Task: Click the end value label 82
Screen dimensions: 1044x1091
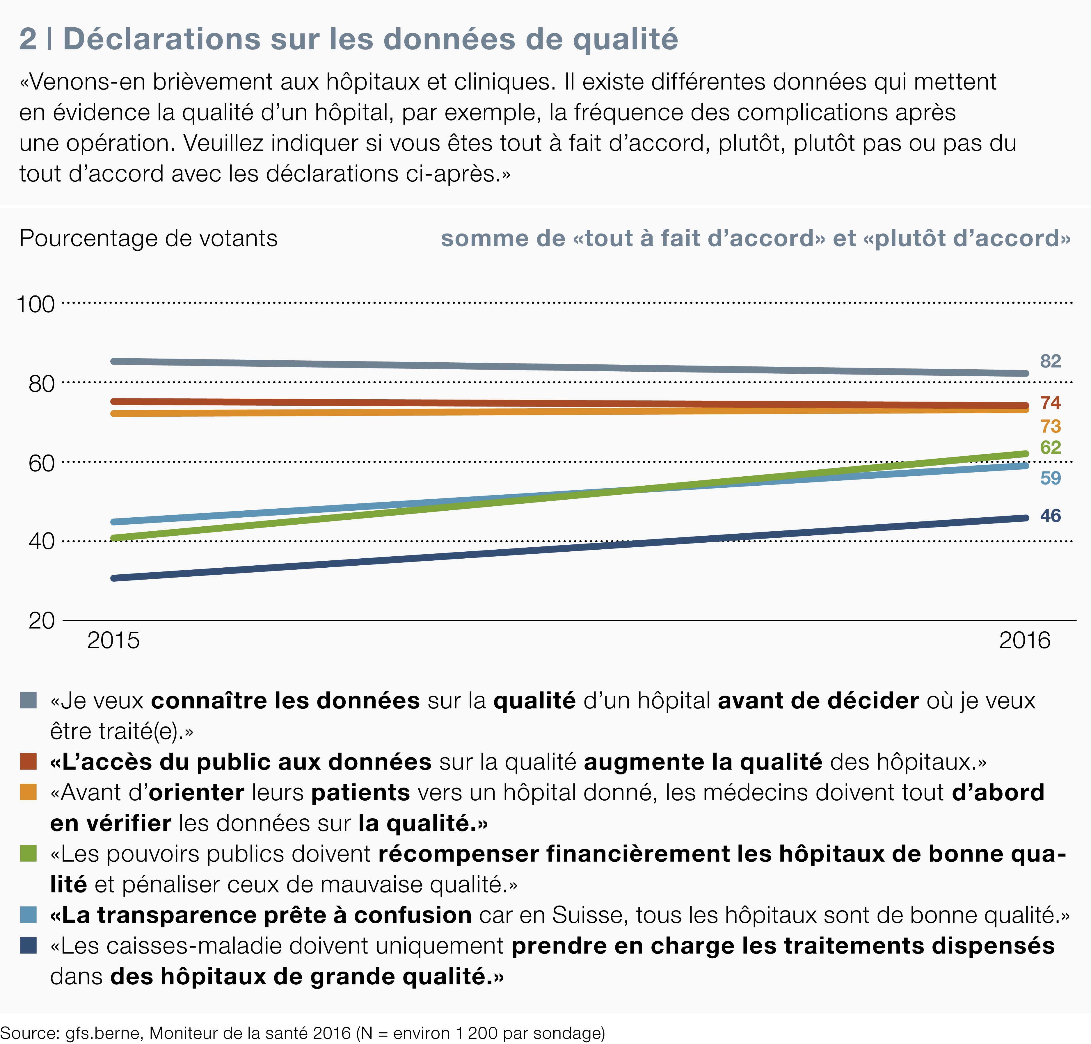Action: pos(1050,361)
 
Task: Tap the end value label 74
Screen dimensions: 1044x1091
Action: pos(1050,402)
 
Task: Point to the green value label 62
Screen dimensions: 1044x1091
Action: pos(1050,448)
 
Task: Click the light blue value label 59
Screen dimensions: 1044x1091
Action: pos(1050,478)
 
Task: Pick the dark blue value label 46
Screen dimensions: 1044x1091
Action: pos(1050,516)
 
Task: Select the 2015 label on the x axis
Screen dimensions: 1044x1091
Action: pos(113,641)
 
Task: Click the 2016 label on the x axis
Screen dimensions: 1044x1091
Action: pos(1024,641)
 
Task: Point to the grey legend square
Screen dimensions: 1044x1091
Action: pos(29,700)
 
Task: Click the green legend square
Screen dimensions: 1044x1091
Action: pos(29,853)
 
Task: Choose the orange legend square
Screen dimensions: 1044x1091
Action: pos(29,792)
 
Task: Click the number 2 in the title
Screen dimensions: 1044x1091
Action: pos(28,39)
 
